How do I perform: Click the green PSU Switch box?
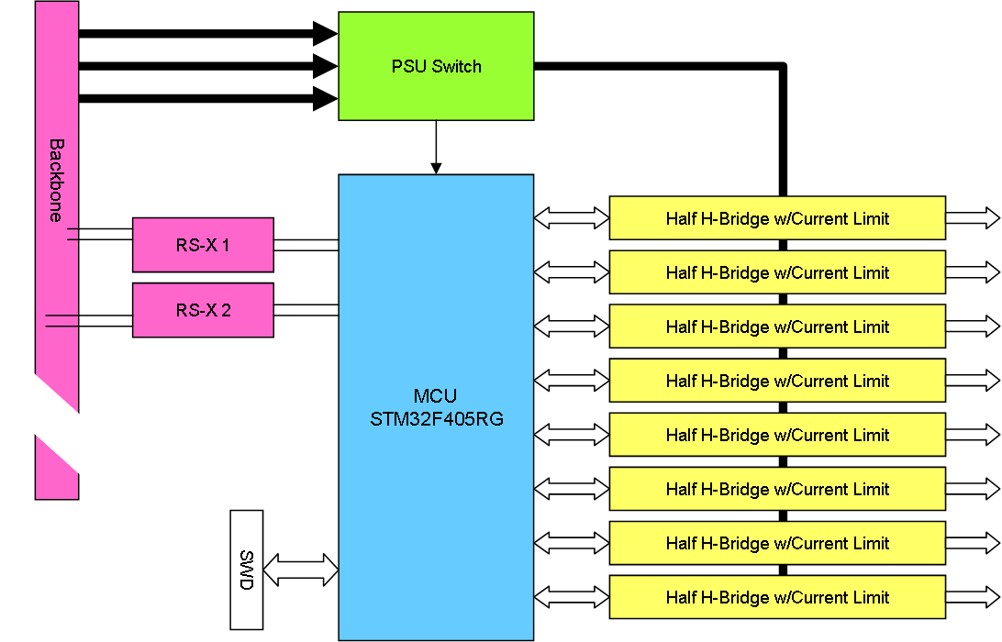click(x=436, y=66)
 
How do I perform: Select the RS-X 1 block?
click(x=203, y=245)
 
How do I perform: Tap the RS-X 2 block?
click(x=203, y=310)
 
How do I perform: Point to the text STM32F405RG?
click(x=437, y=419)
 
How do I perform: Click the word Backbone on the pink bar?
click(x=57, y=180)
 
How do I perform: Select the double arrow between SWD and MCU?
click(x=301, y=570)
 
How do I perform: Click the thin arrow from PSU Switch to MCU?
click(x=436, y=147)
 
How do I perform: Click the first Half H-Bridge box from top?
click(x=777, y=218)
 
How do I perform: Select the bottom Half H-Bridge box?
click(x=777, y=597)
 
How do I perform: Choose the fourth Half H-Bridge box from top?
click(x=777, y=381)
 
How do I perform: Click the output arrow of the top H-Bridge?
click(x=973, y=218)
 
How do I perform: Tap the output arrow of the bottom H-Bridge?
click(x=973, y=597)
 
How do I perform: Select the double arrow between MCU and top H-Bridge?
click(x=572, y=218)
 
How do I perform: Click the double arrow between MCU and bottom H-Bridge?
click(x=572, y=597)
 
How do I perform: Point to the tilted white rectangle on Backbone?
click(x=57, y=424)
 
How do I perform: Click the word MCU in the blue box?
click(x=437, y=397)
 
